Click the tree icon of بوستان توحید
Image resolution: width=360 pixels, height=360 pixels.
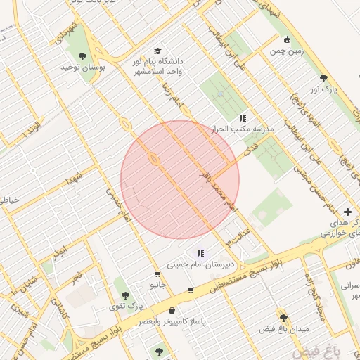point(83,56)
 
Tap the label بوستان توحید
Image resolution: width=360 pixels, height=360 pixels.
point(82,67)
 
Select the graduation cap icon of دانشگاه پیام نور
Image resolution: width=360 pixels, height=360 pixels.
point(157,51)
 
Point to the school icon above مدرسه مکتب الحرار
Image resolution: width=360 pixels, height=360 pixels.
point(243,118)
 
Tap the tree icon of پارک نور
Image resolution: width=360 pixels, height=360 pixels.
point(323,79)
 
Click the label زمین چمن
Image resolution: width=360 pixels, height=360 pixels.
point(285,51)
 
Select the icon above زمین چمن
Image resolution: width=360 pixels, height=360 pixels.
point(286,40)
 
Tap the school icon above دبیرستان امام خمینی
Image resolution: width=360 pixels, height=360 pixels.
point(200,253)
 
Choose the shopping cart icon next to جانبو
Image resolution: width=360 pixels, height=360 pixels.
point(157,274)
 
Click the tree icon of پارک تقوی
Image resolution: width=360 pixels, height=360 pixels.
point(125,295)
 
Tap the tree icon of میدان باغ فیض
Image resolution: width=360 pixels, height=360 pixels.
point(284,318)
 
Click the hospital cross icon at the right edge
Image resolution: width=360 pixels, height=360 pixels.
point(348,212)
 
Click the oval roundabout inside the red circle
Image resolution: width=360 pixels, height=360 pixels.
point(153,160)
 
